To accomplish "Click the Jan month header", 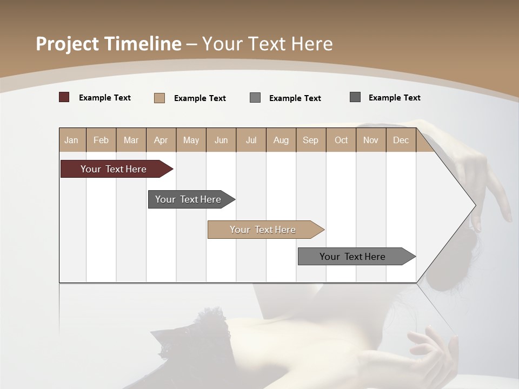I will [72, 140].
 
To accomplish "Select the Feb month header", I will [101, 140].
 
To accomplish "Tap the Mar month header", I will [131, 140].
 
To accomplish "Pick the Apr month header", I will [161, 140].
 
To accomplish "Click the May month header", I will [191, 140].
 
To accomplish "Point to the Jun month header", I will [221, 140].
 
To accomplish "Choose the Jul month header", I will [251, 140].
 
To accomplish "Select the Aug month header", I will [281, 140].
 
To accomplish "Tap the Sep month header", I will [311, 140].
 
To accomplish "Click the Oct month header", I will [341, 140].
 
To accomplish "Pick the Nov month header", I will [371, 140].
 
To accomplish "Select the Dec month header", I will [401, 140].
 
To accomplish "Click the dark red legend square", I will [64, 97].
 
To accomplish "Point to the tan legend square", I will [159, 98].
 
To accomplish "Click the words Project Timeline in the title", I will [109, 44].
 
